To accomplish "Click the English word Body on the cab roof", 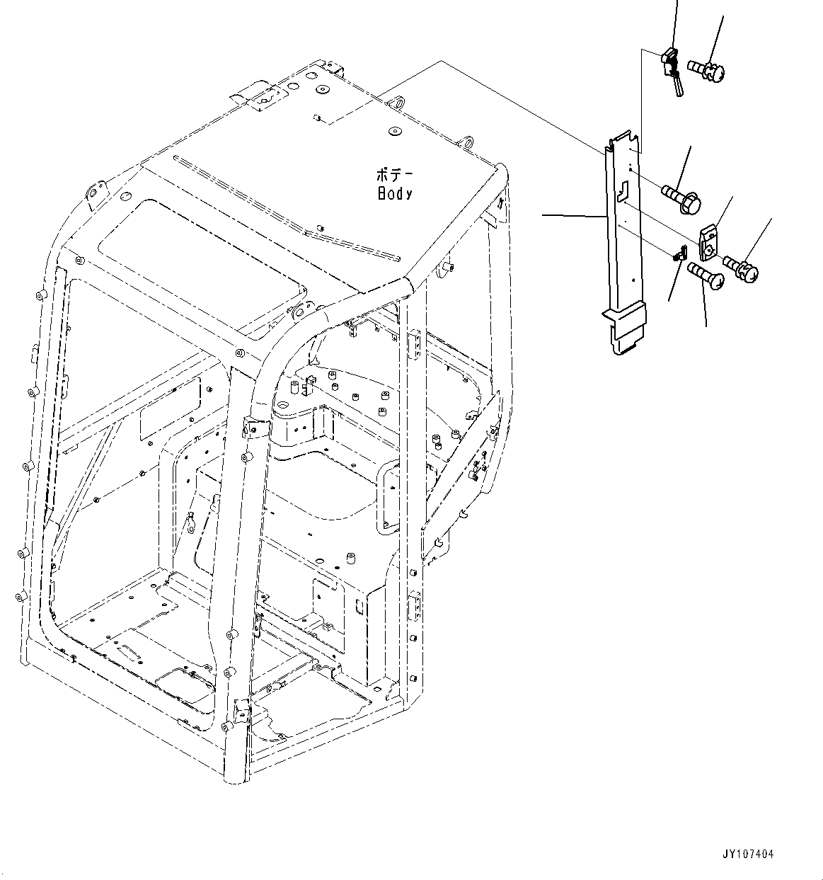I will (394, 193).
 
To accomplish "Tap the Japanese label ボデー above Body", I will (396, 174).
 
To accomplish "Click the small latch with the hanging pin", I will (672, 67).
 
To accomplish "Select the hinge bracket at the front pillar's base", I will (241, 709).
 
